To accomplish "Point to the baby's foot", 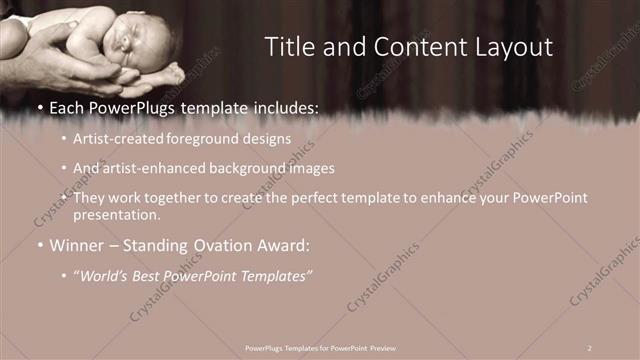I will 172,72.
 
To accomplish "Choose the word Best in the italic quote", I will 150,274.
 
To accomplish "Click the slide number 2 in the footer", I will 590,347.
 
